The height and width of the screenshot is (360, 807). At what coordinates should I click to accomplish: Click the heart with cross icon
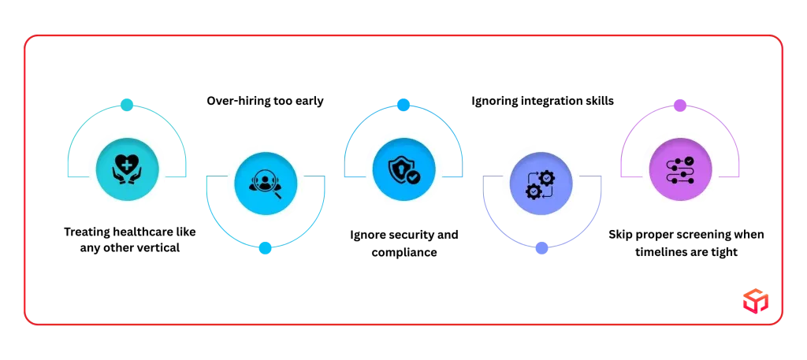pos(127,169)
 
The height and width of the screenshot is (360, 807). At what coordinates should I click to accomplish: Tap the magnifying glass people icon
pos(266,184)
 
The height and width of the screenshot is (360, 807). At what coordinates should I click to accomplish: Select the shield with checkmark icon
pos(403,169)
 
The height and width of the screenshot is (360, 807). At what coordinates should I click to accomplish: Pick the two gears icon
pos(541,184)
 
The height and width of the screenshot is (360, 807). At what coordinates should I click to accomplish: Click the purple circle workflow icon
pos(680,169)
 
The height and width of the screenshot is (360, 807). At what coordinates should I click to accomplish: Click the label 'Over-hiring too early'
pos(265,101)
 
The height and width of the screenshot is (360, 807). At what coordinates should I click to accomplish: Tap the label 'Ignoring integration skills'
pos(542,101)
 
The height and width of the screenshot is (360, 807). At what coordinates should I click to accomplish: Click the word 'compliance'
pos(404,253)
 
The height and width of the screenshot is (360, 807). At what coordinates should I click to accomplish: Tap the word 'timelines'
pos(661,252)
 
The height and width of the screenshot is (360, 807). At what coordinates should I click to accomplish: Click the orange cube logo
pos(755,300)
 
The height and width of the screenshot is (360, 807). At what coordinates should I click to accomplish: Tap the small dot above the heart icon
pos(127,105)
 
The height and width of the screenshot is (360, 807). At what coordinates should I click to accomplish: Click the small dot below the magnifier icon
pos(265,248)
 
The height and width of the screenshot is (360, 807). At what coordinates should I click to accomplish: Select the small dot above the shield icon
pos(403,105)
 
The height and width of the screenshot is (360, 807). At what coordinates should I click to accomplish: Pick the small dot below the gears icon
pos(541,248)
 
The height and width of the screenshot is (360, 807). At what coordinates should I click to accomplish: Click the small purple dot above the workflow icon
pos(680,106)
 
